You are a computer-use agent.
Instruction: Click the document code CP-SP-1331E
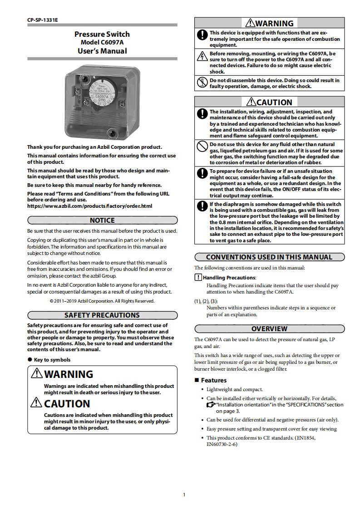click(x=39, y=20)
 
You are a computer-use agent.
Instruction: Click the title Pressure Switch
click(x=102, y=34)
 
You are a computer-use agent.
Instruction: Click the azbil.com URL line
click(x=89, y=206)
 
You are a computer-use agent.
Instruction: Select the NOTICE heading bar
click(x=102, y=220)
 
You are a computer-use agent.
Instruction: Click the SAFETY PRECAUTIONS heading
click(x=102, y=315)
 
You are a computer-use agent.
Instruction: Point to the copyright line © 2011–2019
click(x=102, y=301)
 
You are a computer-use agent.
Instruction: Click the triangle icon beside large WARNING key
click(x=37, y=374)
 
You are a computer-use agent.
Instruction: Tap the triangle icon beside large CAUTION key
click(x=37, y=403)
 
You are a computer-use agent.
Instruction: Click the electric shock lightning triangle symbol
click(x=202, y=56)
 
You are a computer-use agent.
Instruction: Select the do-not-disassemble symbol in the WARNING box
click(x=202, y=83)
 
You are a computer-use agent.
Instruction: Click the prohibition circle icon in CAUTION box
click(x=202, y=146)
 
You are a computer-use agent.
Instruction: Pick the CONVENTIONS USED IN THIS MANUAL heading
click(x=269, y=257)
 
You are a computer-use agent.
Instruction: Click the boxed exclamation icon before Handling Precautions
click(x=198, y=277)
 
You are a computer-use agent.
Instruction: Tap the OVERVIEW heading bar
click(x=269, y=329)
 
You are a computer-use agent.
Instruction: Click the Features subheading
click(x=213, y=380)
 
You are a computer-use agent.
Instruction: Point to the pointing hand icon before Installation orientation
click(x=211, y=404)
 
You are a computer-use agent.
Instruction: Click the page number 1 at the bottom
click(x=184, y=494)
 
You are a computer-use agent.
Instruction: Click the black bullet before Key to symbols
click(x=30, y=360)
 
